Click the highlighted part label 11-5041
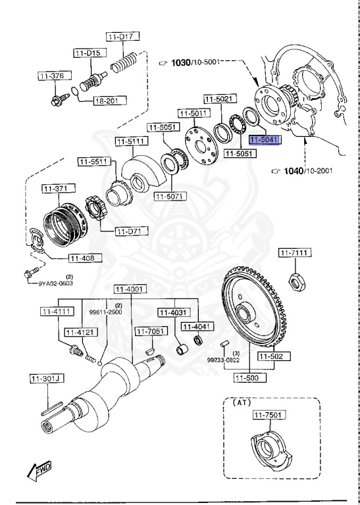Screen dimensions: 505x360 (265, 140)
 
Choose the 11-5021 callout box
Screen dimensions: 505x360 (219, 99)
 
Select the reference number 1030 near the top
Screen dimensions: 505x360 (180, 62)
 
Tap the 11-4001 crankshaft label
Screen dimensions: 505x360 (129, 289)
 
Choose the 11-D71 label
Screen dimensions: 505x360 (132, 231)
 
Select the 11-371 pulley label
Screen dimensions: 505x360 (57, 189)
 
